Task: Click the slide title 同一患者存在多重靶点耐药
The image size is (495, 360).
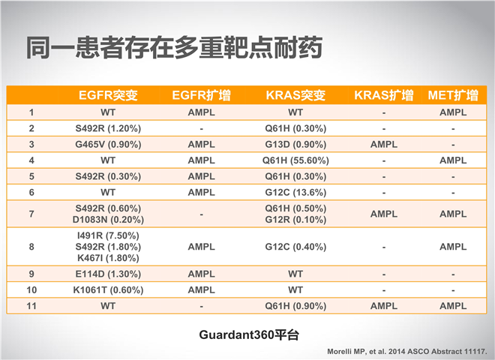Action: [x=174, y=48]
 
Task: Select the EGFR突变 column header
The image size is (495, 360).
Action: [x=108, y=95]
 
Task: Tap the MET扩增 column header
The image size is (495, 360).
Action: [x=453, y=95]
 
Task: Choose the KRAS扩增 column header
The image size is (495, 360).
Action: [x=384, y=95]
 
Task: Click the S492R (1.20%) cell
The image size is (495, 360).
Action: [x=108, y=128]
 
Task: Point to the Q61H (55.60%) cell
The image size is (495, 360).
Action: [x=295, y=160]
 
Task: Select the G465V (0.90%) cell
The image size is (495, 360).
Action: [x=108, y=144]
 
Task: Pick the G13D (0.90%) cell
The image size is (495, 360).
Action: [x=295, y=144]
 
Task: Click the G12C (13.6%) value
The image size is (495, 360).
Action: [x=295, y=192]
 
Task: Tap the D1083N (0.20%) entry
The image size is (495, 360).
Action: [x=108, y=220]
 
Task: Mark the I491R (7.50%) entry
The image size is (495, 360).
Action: [x=108, y=235]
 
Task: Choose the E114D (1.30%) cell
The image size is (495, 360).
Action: [x=108, y=274]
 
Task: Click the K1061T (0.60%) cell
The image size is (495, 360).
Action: [x=108, y=290]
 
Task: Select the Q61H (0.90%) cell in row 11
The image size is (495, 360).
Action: [x=295, y=306]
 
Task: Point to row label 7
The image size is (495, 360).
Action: [x=31, y=214]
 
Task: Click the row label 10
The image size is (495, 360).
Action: [x=31, y=290]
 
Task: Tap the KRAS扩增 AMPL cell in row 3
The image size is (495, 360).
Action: [x=384, y=144]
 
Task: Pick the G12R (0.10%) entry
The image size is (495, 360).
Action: [x=295, y=220]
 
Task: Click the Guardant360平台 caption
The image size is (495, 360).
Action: [x=249, y=334]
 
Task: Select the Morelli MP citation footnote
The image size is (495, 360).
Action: [x=407, y=352]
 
